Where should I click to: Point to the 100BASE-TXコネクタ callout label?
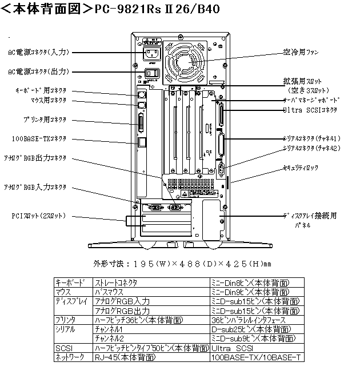click(x=39, y=138)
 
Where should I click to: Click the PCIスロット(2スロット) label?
click(x=38, y=216)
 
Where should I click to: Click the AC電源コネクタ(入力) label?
click(x=39, y=51)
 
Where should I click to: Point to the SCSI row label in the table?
click(x=62, y=347)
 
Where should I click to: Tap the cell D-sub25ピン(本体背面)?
click(x=251, y=329)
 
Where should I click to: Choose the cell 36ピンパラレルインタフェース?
click(x=251, y=320)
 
